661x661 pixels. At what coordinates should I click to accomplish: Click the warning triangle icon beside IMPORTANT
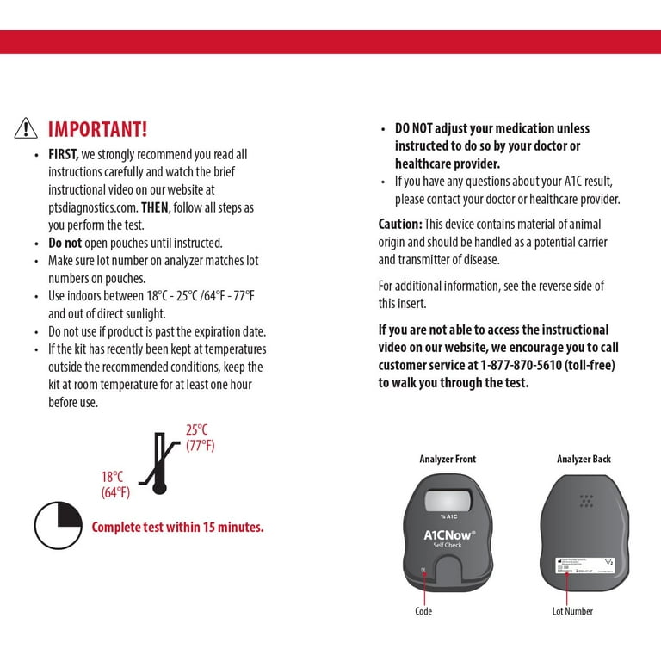(26, 129)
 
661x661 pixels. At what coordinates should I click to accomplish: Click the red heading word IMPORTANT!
(98, 129)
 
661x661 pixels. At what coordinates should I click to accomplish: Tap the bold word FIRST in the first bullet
(63, 154)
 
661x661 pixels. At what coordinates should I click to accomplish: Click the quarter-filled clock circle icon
(58, 526)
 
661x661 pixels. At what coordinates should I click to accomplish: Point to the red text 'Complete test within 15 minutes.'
(177, 527)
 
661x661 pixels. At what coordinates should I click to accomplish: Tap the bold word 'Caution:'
(399, 224)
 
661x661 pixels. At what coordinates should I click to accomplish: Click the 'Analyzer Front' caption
(448, 459)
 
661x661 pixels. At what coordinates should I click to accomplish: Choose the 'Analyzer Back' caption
(584, 459)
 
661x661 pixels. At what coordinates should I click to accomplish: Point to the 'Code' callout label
(423, 611)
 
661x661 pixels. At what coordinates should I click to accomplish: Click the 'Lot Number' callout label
(572, 611)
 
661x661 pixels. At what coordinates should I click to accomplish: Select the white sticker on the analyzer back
(584, 565)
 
